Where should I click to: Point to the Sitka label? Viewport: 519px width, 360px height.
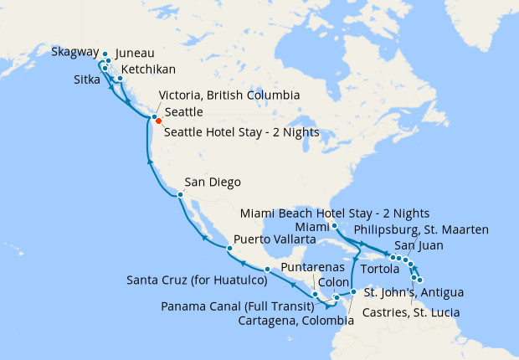[x=87, y=81]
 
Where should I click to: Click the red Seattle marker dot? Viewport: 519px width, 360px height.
[x=158, y=121]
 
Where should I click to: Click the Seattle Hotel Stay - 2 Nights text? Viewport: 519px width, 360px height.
[x=242, y=131]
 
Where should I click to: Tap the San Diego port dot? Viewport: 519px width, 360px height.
[x=179, y=195]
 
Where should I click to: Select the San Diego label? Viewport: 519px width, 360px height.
[x=213, y=183]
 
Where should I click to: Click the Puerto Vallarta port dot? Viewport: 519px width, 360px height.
[x=229, y=249]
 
